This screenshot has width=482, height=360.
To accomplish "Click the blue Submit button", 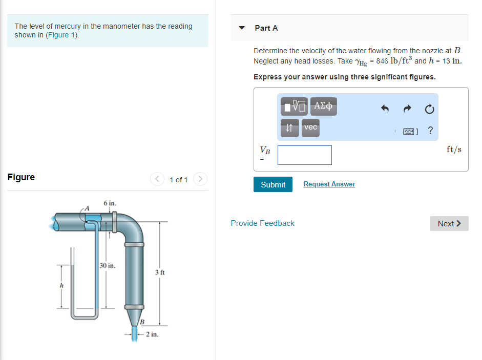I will (x=273, y=184).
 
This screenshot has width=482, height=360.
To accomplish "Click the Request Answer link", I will (x=329, y=184).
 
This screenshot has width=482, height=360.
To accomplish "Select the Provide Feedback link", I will (x=262, y=223).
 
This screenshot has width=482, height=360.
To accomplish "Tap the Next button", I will (x=449, y=224).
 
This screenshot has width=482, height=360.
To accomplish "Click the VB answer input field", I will (x=304, y=155).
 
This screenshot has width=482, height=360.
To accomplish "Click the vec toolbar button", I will (x=310, y=128).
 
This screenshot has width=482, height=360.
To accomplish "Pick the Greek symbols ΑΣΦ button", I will (x=323, y=107).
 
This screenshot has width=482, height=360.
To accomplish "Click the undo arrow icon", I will (x=386, y=109).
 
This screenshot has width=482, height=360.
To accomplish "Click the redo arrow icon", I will (x=408, y=109).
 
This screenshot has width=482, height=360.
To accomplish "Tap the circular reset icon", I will (x=430, y=109).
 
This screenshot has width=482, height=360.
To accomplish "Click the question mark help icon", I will (x=430, y=131).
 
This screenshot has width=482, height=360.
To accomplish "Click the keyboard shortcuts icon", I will (x=409, y=132).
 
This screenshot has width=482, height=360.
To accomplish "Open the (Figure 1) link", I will (x=62, y=35).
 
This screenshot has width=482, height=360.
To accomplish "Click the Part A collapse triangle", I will (x=242, y=28).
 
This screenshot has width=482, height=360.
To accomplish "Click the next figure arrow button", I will (x=200, y=179).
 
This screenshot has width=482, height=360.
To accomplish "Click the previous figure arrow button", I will (x=157, y=179).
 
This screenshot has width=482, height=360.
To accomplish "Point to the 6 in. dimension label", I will (x=110, y=203).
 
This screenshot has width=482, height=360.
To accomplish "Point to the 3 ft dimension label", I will (x=159, y=272).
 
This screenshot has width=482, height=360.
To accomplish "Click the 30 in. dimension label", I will (x=108, y=266).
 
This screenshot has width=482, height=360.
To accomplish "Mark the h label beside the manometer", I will (x=61, y=285).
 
